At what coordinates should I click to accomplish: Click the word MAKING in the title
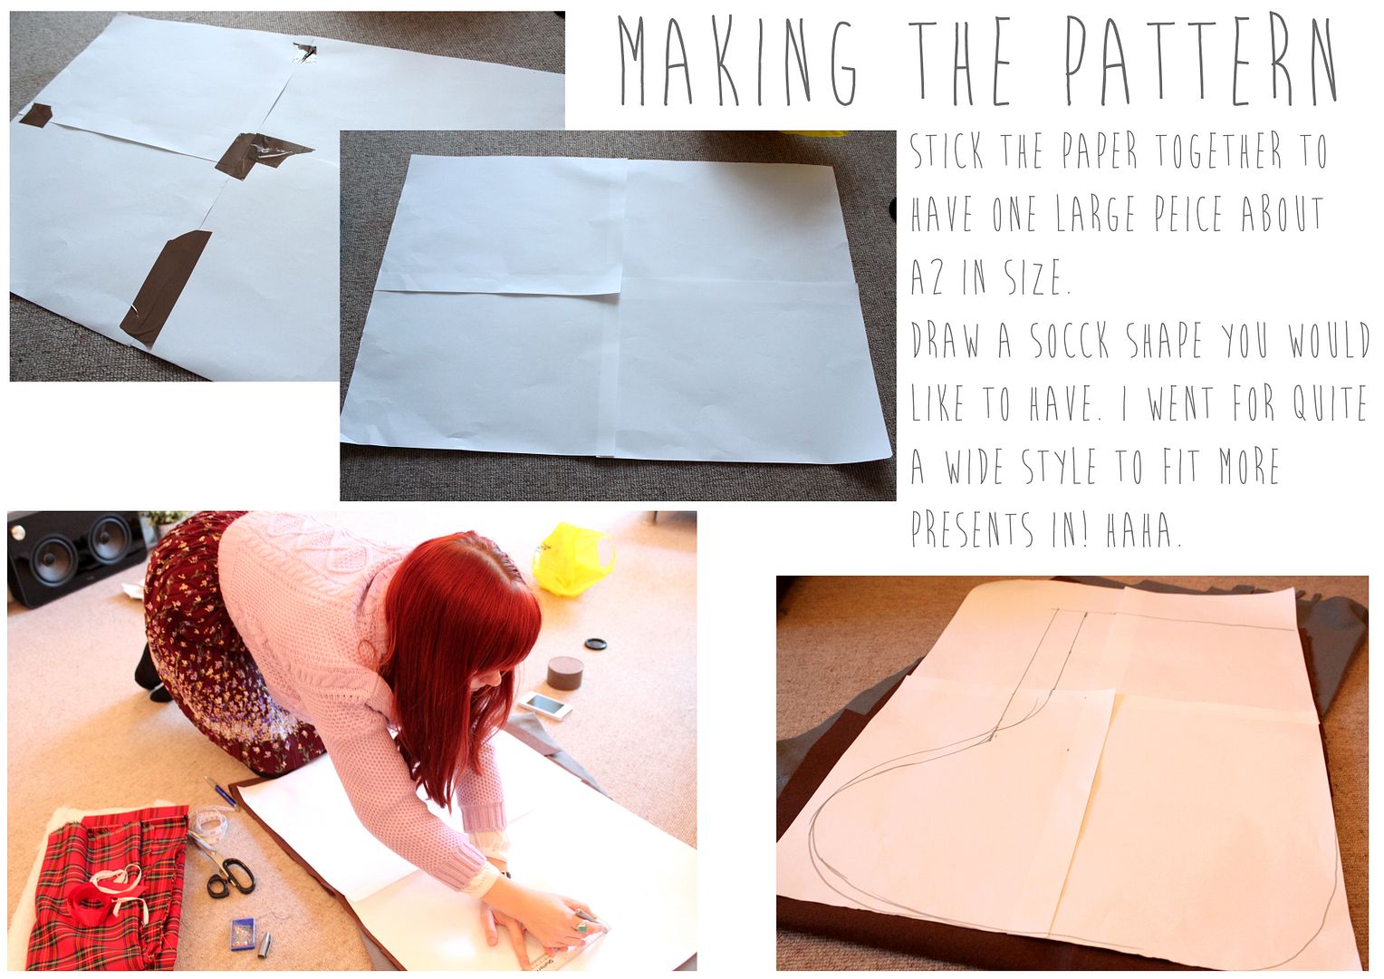(737, 61)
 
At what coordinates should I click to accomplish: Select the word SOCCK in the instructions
(1070, 340)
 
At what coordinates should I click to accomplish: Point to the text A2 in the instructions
(927, 276)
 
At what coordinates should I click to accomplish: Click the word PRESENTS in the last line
(972, 528)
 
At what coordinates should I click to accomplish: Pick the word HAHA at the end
(1142, 529)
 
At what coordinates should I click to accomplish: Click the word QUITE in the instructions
(1330, 402)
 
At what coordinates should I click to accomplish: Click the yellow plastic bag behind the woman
(572, 558)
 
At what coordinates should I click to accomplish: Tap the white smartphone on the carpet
(544, 705)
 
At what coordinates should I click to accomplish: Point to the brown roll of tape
(564, 674)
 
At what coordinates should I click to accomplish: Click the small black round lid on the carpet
(595, 644)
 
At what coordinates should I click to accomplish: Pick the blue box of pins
(242, 934)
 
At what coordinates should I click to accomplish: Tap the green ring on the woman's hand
(581, 926)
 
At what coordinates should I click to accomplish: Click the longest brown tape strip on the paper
(165, 288)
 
